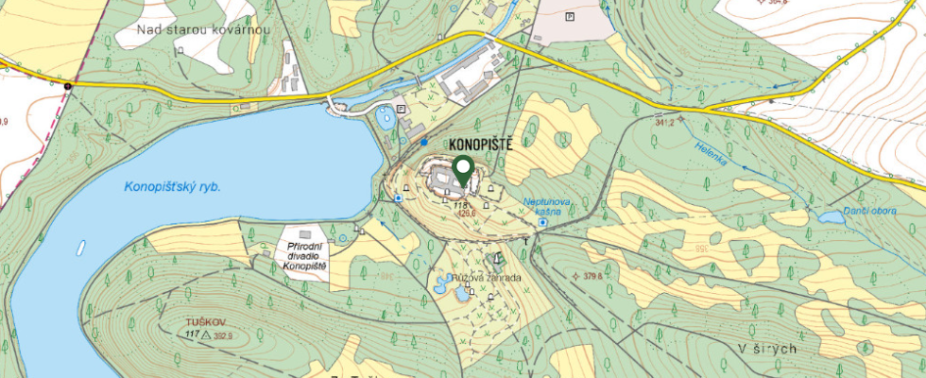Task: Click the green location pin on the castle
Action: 462,170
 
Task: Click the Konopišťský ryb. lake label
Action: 172,187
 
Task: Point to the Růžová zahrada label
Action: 486,279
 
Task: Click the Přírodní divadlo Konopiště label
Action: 303,257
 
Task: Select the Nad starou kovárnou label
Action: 203,30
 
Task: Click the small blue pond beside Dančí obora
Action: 831,216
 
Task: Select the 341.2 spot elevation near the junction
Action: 663,122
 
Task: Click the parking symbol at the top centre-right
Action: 569,16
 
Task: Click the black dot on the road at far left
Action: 68,87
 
